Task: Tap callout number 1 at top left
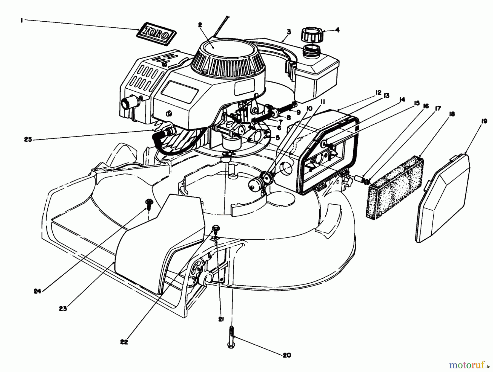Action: tap(22, 20)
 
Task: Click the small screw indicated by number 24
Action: tap(149, 204)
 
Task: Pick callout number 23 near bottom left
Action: tap(63, 308)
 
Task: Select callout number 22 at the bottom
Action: tap(124, 342)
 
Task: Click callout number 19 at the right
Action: tap(484, 121)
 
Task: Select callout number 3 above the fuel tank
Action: tap(289, 32)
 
